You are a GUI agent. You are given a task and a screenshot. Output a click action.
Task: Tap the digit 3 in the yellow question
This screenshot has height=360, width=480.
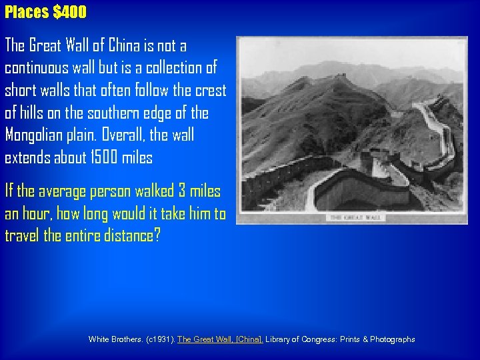click(182, 191)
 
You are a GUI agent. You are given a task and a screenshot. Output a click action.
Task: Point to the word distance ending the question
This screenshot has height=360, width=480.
click(131, 237)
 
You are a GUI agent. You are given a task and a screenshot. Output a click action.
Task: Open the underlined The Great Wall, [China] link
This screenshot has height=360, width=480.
click(220, 339)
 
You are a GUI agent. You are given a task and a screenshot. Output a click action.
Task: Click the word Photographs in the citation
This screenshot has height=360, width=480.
click(389, 339)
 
